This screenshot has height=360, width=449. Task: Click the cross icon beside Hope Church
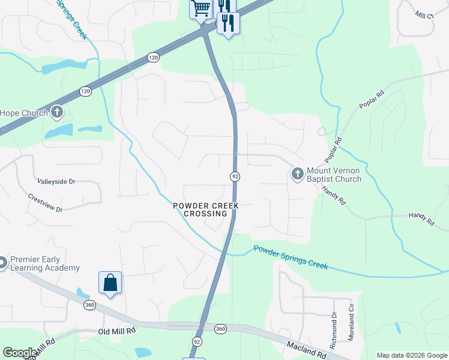point(57,112)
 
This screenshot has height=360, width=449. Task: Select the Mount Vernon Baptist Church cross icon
point(297,174)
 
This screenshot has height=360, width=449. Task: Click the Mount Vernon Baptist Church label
point(334,175)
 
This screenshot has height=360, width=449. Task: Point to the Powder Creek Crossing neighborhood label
point(206,209)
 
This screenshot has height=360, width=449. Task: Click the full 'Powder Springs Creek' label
point(291,257)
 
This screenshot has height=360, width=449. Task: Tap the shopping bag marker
point(110,283)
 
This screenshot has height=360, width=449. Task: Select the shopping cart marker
point(200,8)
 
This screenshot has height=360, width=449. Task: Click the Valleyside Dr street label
point(56,181)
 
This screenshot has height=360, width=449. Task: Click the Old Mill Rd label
point(117,331)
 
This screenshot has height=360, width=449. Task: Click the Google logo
point(19,353)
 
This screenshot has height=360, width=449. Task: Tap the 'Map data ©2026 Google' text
point(412,355)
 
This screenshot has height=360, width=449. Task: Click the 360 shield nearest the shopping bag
point(89,305)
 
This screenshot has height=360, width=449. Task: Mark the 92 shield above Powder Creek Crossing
point(235,176)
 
